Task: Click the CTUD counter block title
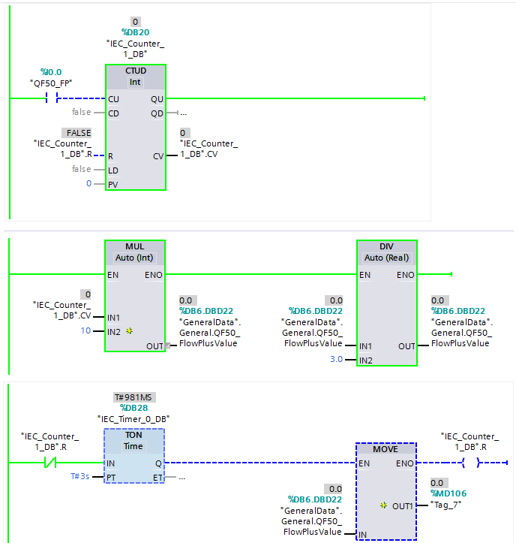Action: [x=136, y=71]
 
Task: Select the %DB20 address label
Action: [x=135, y=32]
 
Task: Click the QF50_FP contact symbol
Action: [x=51, y=98]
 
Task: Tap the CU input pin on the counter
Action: [x=113, y=98]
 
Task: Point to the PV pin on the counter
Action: [x=113, y=184]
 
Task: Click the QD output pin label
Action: [x=156, y=113]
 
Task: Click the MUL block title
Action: [x=135, y=246]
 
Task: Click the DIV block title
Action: [x=387, y=246]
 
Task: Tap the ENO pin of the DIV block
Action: [x=405, y=275]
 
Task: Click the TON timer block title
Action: [x=133, y=435]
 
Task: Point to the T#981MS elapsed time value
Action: [x=133, y=397]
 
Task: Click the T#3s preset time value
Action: [x=81, y=476]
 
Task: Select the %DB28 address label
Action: [x=134, y=408]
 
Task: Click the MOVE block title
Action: [x=385, y=448]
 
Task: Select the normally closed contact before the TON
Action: [x=50, y=463]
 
